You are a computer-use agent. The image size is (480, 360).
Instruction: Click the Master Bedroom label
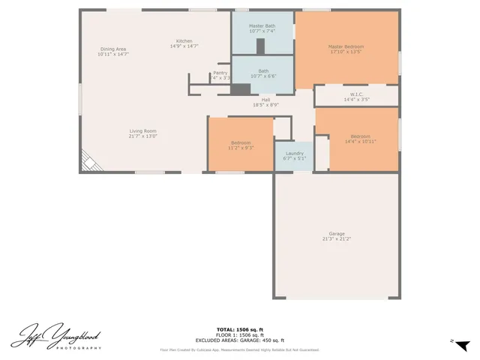click(345, 46)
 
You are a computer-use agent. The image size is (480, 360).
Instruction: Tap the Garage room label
click(337, 233)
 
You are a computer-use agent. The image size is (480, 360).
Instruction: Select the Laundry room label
click(295, 153)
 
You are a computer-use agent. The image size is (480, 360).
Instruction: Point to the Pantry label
click(220, 73)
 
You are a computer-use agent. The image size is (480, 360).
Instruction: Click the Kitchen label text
click(184, 40)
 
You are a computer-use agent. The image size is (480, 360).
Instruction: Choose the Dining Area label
click(113, 49)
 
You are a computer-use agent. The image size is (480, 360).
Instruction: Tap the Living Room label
click(143, 130)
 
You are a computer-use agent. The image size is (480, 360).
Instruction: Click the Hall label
click(265, 99)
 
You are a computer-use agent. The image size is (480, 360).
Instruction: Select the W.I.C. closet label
click(356, 94)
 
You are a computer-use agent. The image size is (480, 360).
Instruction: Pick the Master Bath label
click(262, 25)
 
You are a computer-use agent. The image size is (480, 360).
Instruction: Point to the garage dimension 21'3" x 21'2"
click(337, 238)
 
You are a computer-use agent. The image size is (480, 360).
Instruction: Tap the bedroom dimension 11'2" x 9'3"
click(241, 148)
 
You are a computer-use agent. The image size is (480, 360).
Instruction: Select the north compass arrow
click(462, 344)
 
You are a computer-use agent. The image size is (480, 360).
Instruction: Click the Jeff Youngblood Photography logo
click(56, 334)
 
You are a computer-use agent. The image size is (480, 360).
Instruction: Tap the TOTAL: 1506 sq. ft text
click(239, 329)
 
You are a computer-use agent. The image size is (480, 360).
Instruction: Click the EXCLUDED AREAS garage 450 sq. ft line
click(239, 340)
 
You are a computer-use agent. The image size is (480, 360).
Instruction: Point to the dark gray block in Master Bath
click(260, 46)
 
